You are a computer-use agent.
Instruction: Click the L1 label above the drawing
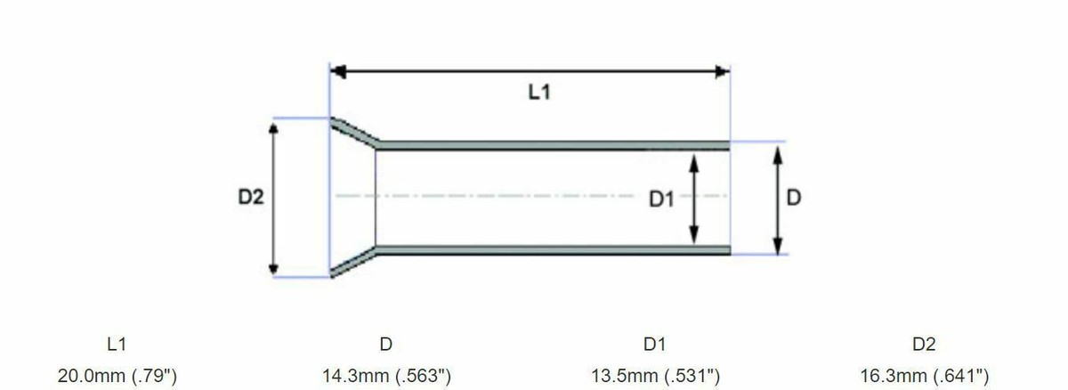[538, 93]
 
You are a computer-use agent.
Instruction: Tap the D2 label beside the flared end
[251, 197]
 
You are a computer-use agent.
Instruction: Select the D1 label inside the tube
[661, 200]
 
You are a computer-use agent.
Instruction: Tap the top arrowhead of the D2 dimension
[274, 128]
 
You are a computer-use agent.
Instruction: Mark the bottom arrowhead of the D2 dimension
[274, 268]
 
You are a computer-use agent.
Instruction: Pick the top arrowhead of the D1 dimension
[695, 158]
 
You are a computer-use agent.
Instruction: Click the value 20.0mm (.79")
[117, 376]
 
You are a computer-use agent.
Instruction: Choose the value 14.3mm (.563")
[386, 376]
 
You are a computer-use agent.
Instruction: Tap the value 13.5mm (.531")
[655, 376]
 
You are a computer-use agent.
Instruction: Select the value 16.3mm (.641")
[924, 376]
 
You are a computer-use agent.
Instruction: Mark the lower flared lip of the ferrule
[354, 263]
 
